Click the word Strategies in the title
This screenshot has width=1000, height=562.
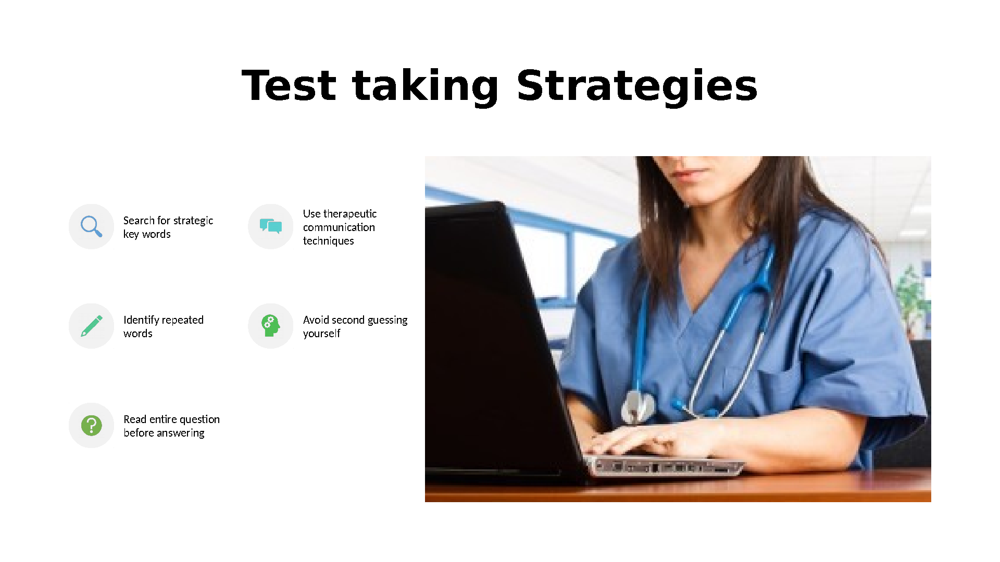pyautogui.click(x=637, y=87)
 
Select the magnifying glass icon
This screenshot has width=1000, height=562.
pyautogui.click(x=91, y=226)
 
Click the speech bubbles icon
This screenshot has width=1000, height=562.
pyautogui.click(x=271, y=226)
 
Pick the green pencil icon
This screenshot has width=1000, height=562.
pyautogui.click(x=92, y=326)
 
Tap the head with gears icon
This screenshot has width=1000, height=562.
pyautogui.click(x=271, y=326)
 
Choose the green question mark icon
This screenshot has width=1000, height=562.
pyautogui.click(x=91, y=425)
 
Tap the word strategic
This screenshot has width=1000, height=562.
pyautogui.click(x=193, y=221)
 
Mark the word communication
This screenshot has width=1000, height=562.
pyautogui.click(x=339, y=227)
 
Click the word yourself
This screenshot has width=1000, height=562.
pyautogui.click(x=321, y=334)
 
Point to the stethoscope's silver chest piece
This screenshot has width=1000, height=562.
pyautogui.click(x=638, y=406)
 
